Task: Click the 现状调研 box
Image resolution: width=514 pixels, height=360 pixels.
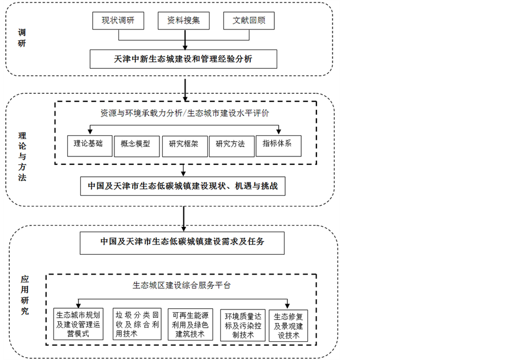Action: tap(118, 21)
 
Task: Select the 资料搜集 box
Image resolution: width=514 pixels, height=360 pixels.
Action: tap(184, 21)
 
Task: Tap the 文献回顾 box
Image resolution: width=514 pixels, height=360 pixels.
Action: tap(249, 21)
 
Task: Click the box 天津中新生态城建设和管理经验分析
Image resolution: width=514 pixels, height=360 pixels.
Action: tap(183, 59)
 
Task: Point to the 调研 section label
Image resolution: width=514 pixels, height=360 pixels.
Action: tap(22, 38)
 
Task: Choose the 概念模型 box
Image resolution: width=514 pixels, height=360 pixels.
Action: tap(135, 144)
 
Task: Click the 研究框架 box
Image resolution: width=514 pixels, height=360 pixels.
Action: tap(183, 144)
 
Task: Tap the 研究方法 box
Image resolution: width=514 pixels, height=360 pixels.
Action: tap(231, 144)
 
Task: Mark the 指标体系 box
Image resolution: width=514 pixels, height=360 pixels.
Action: tap(278, 144)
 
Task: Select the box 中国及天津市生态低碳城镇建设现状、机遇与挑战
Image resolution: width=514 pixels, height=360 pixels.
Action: tap(183, 185)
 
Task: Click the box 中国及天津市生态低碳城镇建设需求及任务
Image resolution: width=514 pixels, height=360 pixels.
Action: tap(183, 242)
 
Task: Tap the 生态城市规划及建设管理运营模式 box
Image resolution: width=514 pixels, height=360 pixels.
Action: tap(79, 324)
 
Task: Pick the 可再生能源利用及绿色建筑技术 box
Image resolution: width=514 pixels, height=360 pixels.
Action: tap(188, 324)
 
